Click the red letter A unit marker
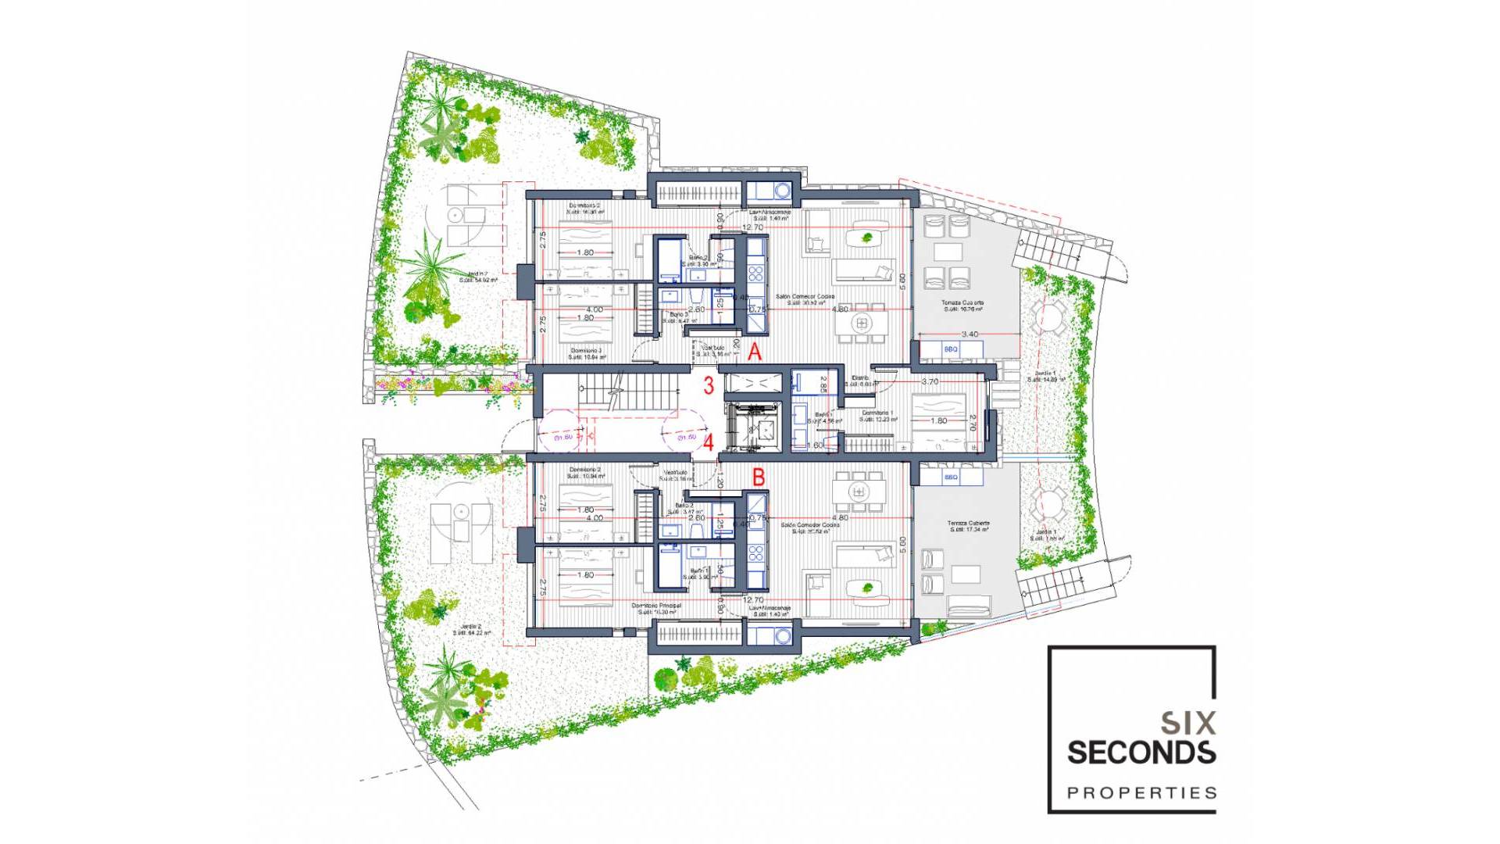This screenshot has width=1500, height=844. coord(755,352)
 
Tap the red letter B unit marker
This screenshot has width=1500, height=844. coord(758,477)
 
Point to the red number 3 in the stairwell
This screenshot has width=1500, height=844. coord(709,385)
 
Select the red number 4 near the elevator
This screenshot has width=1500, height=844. coord(709,443)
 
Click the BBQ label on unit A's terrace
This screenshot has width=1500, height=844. coord(951,349)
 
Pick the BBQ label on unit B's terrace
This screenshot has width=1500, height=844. coord(951,477)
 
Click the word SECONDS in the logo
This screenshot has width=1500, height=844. coord(1141,753)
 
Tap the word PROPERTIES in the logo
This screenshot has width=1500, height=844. coord(1141,793)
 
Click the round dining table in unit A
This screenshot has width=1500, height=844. coord(862,322)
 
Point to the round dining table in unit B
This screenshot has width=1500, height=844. coord(859,492)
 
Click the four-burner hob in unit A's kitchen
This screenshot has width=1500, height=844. coord(756,273)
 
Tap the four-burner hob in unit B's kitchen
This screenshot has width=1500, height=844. coord(756,554)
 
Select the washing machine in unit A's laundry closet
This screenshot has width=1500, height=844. coord(782,190)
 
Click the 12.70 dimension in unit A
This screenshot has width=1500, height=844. coord(753,227)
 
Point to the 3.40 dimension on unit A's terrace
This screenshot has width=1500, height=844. coord(970,334)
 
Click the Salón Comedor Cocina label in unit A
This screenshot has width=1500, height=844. coord(805,297)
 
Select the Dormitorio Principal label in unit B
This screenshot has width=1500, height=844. coord(656,606)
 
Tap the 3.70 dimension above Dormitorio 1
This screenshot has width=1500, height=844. coord(930,382)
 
